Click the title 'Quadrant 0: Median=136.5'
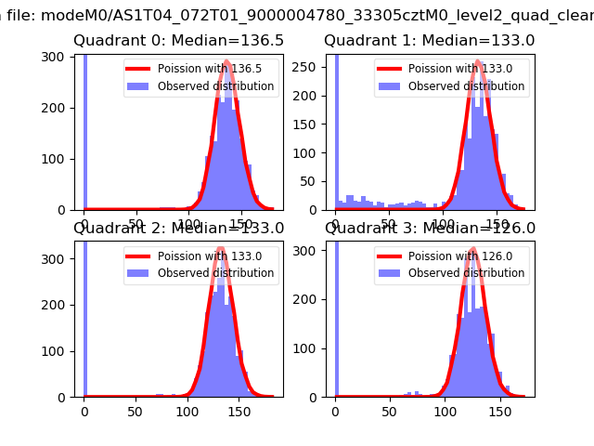pos(178,41)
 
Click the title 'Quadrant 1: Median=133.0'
pos(430,41)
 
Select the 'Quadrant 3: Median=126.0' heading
pos(430,228)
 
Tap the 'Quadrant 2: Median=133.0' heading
pos(178,228)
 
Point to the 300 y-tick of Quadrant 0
pos(57,56)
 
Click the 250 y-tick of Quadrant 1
pos(307,70)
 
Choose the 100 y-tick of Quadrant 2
pos(57,347)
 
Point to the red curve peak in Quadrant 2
pos(224,250)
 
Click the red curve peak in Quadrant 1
pos(477,62)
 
